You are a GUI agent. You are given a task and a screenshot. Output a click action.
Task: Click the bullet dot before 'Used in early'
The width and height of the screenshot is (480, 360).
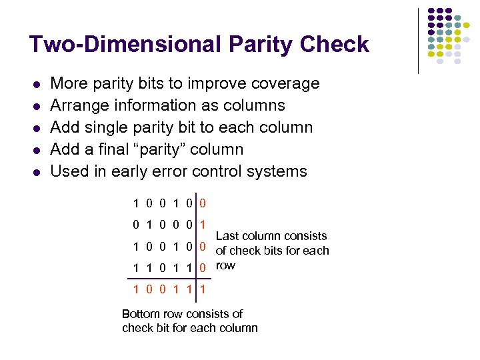37,173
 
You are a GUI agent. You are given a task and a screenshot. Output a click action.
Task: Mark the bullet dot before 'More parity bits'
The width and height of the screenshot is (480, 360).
37,85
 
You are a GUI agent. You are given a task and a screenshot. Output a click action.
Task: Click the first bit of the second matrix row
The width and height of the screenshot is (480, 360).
136,225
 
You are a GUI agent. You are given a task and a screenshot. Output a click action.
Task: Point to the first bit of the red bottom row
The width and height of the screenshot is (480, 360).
136,290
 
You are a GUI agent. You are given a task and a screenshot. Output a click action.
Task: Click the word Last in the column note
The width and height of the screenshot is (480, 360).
227,236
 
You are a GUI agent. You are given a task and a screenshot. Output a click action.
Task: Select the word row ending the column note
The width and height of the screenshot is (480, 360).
225,265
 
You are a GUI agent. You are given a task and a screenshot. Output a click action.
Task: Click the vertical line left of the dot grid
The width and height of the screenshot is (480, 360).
418,40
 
